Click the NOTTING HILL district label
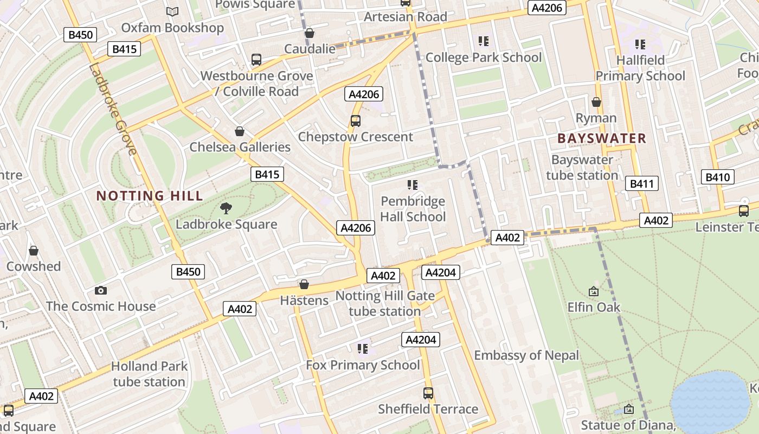tap(150, 196)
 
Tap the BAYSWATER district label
tap(602, 138)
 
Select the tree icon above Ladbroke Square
tap(226, 208)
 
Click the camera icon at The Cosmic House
tap(100, 291)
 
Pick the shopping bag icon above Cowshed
tap(34, 251)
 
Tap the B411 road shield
tap(642, 184)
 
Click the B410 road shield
tap(718, 177)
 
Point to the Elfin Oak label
tap(594, 307)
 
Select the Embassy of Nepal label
tap(526, 355)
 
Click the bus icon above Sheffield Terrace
tap(428, 393)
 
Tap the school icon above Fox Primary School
tap(362, 348)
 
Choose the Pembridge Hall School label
tap(413, 209)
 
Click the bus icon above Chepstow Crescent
tap(355, 121)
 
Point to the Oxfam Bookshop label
tap(172, 28)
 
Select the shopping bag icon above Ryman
tap(596, 102)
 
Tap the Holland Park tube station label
tap(149, 374)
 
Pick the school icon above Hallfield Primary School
tap(640, 44)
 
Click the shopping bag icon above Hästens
tap(304, 284)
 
